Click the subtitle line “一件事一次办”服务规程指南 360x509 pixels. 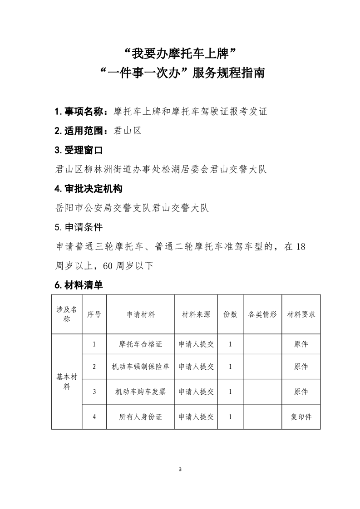[180, 73]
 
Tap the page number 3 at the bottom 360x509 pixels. [180, 469]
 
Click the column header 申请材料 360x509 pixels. [141, 314]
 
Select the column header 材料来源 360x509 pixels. [196, 314]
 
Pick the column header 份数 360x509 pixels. [231, 314]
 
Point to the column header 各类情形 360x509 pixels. [263, 314]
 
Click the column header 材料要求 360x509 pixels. [301, 314]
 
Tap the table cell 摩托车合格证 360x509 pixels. [141, 344]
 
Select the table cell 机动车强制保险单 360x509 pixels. [141, 367]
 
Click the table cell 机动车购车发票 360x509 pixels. [141, 392]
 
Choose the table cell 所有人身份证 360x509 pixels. [141, 416]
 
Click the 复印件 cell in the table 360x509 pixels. [301, 416]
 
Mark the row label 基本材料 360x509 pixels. [67, 382]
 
